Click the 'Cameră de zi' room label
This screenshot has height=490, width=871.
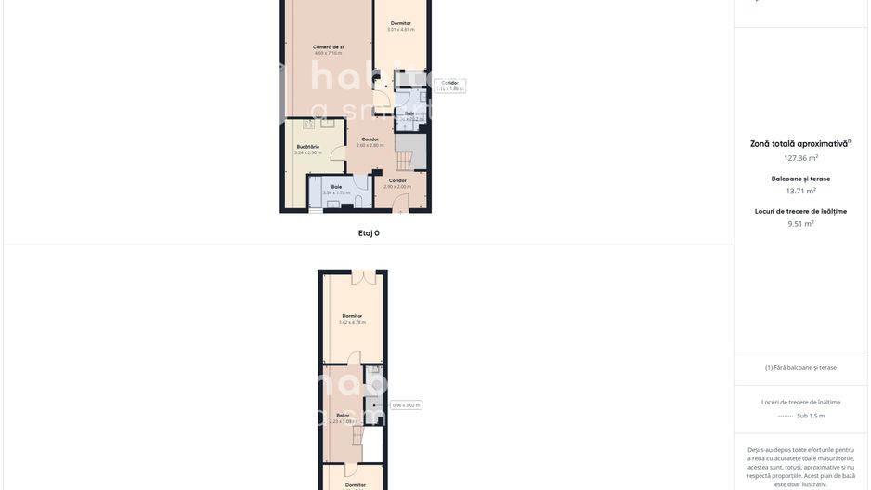(328, 46)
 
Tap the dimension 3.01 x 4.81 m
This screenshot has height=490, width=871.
(400, 30)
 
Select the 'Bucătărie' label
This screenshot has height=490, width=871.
(308, 146)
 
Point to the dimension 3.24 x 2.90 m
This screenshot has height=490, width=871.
(308, 152)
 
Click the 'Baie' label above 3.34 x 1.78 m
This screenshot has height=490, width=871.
(336, 186)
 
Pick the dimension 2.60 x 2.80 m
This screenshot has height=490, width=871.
(370, 145)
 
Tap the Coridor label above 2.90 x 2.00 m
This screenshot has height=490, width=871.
(397, 180)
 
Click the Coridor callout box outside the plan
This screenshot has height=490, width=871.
(450, 86)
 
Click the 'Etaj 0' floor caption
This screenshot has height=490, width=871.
(369, 233)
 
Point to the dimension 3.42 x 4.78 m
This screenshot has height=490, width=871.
(352, 323)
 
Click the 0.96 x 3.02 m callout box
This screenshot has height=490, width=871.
(406, 405)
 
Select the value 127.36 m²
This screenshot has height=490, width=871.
(800, 158)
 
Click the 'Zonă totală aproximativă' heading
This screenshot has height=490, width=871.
(799, 144)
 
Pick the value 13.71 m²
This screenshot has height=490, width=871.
(800, 191)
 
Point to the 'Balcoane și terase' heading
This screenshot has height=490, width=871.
(800, 179)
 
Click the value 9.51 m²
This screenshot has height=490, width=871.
(800, 223)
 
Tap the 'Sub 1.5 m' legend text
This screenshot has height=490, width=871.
(811, 416)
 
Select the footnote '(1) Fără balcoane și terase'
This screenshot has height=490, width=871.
(800, 367)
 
